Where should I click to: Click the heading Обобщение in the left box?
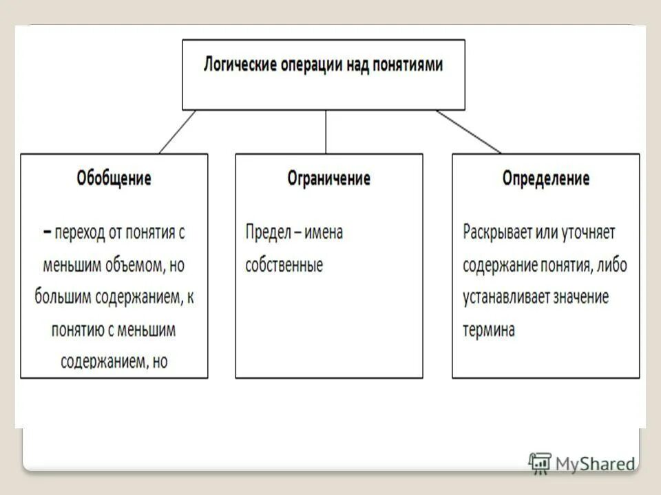[x=114, y=179]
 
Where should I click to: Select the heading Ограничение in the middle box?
[x=328, y=179]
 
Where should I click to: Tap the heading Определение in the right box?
[x=545, y=179]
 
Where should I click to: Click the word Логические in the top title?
[x=240, y=65]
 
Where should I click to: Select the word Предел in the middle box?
[x=265, y=232]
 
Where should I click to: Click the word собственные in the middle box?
[x=284, y=265]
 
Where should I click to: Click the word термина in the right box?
[x=488, y=330]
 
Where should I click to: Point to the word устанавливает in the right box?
[x=502, y=298]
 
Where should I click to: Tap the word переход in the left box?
[x=81, y=232]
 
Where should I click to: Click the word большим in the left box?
[x=61, y=298]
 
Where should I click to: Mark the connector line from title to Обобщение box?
[x=177, y=132]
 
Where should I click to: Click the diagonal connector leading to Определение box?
[x=468, y=132]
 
